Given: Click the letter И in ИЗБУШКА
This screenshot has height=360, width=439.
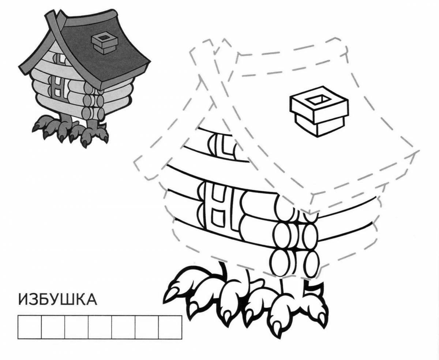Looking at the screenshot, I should point(24,300).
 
